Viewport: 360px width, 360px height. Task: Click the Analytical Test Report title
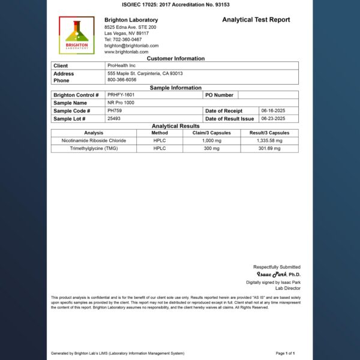coord(256,20)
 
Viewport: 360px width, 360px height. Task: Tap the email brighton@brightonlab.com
coord(131,46)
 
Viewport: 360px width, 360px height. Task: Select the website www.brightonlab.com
coord(126,52)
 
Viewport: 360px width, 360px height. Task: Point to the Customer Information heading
coord(175,59)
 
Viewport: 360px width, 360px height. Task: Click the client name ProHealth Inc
coord(122,65)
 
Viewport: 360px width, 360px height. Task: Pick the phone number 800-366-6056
coord(122,80)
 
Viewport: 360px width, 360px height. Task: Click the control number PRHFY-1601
coord(121,95)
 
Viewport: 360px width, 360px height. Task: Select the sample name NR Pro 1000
coord(121,103)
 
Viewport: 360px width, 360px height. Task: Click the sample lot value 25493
coord(114,119)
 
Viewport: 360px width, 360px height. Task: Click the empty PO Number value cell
coord(268,95)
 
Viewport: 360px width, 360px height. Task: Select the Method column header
coord(160,133)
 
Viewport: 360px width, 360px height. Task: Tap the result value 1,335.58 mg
coord(269,140)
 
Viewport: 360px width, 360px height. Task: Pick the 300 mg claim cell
coord(211,148)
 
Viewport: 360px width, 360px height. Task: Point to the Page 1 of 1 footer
coord(285,353)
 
